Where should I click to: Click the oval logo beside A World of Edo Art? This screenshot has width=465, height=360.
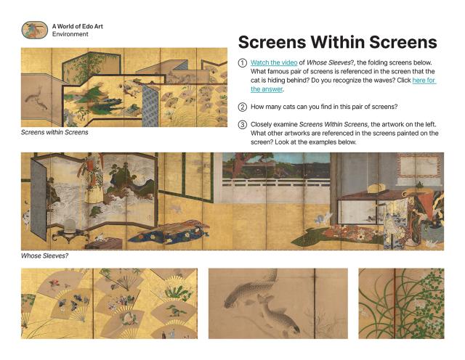click(x=34, y=30)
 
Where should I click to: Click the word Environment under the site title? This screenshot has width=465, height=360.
click(x=70, y=34)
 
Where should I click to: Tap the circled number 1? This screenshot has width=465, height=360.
click(x=243, y=63)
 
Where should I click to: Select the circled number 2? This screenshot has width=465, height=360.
click(x=243, y=106)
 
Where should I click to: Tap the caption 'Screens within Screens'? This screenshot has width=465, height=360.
click(x=54, y=133)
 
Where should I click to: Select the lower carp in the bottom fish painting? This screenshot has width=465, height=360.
click(x=272, y=313)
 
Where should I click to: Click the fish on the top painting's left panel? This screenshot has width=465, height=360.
click(x=36, y=94)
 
